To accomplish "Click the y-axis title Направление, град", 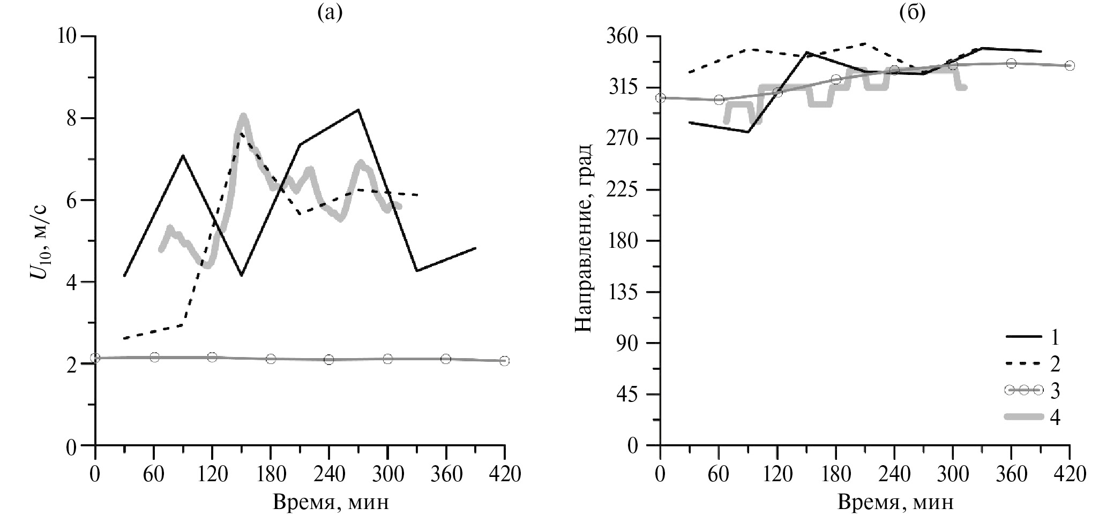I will coord(584,237).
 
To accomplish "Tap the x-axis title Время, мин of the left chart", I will coord(331,502).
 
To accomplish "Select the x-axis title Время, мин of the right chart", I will coord(896,502).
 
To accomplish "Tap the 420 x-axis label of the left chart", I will coord(504,474).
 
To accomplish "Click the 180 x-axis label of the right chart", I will coord(835,474).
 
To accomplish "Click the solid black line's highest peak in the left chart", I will coord(357,110).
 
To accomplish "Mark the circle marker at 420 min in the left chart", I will coord(504,361).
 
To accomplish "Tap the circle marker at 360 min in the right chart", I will coord(1011,63).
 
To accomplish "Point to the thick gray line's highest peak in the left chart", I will coord(243,116).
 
